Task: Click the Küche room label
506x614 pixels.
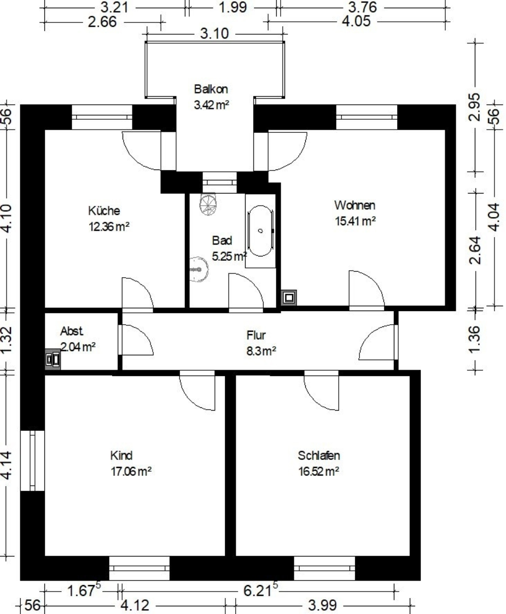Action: point(104,210)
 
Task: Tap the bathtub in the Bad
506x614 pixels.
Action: point(260,231)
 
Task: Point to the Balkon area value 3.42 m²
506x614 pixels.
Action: point(211,105)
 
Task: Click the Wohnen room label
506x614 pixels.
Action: point(355,205)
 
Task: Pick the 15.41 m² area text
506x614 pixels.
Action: point(355,221)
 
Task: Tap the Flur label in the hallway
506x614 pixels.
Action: point(256,335)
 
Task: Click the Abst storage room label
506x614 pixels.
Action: point(71,331)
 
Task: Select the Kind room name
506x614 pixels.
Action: point(121,455)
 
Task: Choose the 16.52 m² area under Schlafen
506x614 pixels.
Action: point(318,471)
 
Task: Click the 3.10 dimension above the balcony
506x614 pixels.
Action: point(214,34)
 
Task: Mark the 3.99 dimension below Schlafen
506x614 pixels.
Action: point(322,605)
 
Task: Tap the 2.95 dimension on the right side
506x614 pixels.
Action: point(475,107)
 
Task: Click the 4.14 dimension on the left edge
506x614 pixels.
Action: point(7,464)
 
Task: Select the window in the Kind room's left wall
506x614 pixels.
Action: point(32,460)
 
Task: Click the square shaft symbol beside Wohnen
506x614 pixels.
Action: point(289,297)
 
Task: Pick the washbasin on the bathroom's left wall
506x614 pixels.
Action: point(199,269)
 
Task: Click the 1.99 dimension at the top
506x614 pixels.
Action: point(232,7)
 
